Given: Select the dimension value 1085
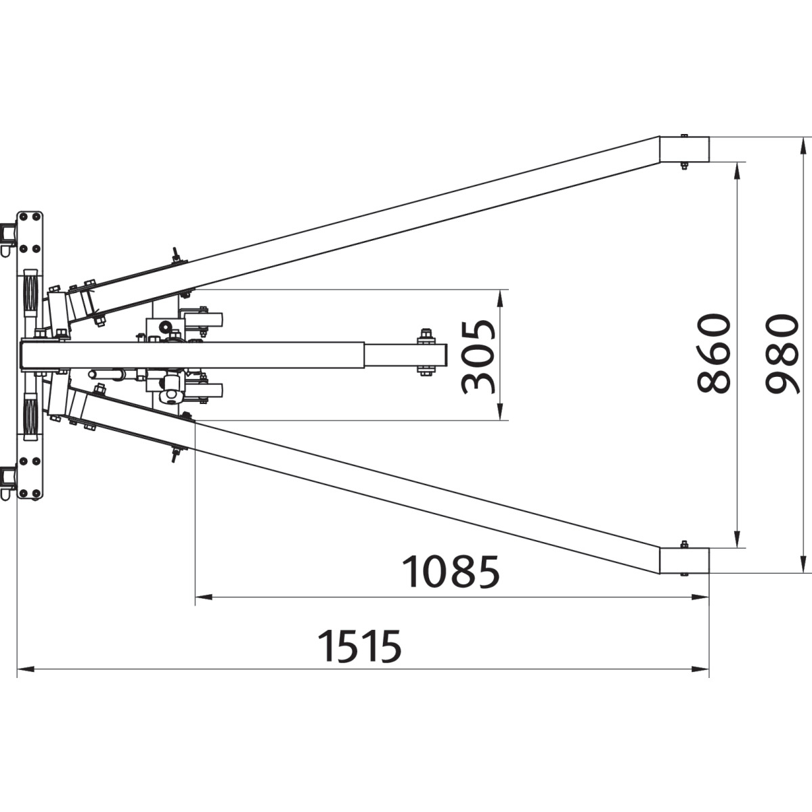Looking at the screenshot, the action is tap(451, 572).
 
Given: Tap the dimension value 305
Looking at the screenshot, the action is tap(478, 357).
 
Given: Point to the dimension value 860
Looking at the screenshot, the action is tap(713, 353).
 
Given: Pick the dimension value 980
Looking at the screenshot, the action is tap(782, 353).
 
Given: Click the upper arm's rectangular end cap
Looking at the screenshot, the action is tap(684, 149).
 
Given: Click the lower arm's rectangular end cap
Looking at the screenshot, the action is tap(684, 561).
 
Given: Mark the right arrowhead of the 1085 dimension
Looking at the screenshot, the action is tap(700, 597).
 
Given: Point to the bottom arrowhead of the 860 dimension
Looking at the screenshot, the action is tap(737, 539).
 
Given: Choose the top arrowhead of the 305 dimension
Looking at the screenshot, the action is tap(500, 298).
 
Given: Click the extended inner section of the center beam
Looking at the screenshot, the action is tap(405, 356).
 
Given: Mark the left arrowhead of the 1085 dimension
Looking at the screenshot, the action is tap(204, 597).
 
